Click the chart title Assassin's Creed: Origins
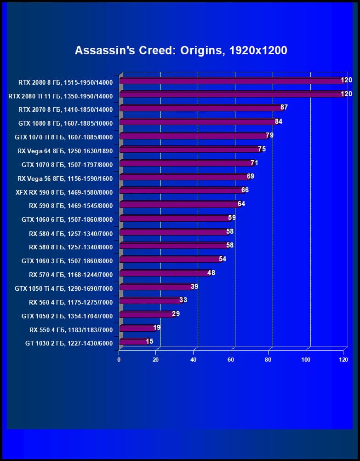point(181,50)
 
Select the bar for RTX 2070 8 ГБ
point(201,108)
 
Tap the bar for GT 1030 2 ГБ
point(133,342)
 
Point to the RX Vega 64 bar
point(190,150)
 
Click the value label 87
point(284,107)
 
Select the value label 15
point(149,341)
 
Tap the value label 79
point(270,135)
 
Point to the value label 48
point(211,273)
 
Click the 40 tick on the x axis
point(194,359)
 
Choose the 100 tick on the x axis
point(306,359)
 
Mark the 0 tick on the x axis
point(119,359)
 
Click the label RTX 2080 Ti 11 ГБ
point(60,97)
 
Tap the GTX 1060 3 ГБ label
point(67,261)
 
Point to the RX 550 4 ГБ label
point(71,330)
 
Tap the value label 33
point(183,300)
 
